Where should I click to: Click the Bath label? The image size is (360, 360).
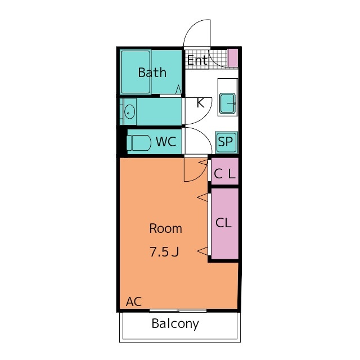pos(152,73)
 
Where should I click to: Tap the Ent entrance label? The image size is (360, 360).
pos(197,60)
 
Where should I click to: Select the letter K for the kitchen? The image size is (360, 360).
pos(200,103)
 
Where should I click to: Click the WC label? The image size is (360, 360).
pos(166,141)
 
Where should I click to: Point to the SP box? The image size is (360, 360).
pos(226,142)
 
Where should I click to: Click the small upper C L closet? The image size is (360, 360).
pos(225,171)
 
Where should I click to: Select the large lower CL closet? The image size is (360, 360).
pos(225,224)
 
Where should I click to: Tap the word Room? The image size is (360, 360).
pos(165,229)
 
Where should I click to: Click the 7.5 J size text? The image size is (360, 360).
pos(164,251)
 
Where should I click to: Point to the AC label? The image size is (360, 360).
pos(134,301)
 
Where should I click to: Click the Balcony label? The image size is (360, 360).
pos(175,324)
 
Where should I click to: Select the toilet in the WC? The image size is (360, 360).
pos(139,142)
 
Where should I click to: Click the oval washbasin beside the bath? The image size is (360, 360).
pos(129,112)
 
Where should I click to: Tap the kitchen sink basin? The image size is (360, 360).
pos(227,103)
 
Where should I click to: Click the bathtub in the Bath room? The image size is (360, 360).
pos(136,72)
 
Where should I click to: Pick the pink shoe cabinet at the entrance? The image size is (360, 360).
pos(232,58)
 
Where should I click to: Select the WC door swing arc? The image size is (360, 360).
pos(205,135)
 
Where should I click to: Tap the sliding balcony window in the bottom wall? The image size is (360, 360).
pos(178,310)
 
